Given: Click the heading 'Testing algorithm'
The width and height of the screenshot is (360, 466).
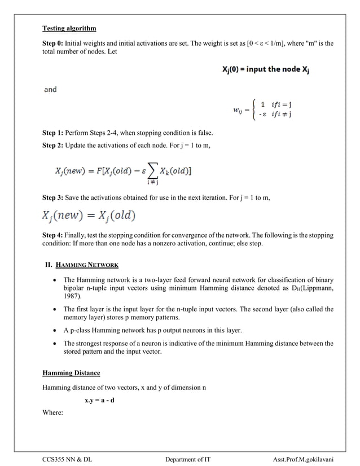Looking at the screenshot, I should [x=69, y=28].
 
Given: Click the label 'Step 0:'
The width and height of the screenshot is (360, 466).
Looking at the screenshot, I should [x=54, y=43].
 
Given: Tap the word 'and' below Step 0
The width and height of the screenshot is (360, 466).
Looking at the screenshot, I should [x=50, y=89].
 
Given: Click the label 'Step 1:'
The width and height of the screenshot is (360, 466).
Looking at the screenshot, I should [x=54, y=133].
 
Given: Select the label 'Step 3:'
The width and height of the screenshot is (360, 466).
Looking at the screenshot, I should [x=54, y=198].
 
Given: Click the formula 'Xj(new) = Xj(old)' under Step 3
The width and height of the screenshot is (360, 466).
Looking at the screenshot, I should [x=89, y=216].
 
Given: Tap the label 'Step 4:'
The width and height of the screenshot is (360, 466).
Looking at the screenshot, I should [x=54, y=235].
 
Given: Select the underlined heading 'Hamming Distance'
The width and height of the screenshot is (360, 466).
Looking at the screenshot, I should [x=71, y=373].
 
